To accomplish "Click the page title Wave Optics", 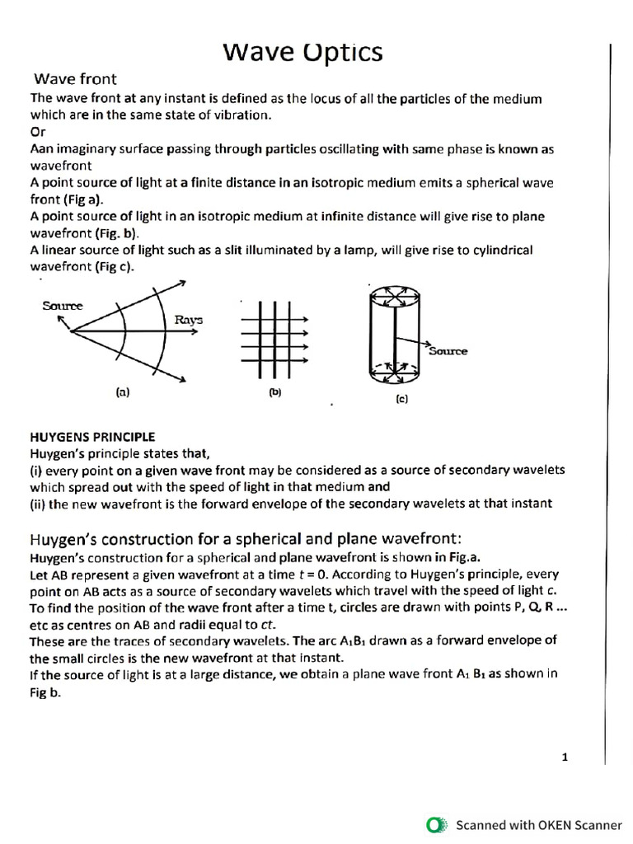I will [x=302, y=52].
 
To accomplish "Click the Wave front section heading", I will [x=75, y=79].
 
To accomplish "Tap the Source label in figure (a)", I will [x=63, y=306].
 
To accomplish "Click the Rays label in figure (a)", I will [x=189, y=320].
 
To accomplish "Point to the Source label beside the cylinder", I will [x=448, y=350].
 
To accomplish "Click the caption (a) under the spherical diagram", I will [x=123, y=393].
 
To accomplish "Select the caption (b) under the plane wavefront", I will [x=275, y=392].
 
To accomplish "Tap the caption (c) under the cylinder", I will [x=401, y=399].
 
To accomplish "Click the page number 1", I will [x=565, y=757].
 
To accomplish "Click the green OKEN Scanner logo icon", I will [x=435, y=824].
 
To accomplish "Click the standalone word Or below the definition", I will [x=38, y=132].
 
